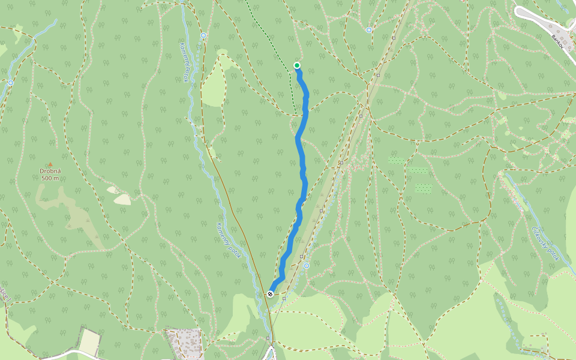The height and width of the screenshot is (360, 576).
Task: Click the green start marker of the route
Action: (x=297, y=65)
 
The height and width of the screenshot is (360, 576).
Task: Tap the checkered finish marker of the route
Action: (x=271, y=293)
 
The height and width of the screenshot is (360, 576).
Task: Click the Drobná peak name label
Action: (x=50, y=171)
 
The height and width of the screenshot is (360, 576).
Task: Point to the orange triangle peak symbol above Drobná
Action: (x=50, y=164)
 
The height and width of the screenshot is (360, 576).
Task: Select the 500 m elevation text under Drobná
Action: (x=50, y=178)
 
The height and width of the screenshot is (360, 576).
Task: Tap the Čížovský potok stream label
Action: (x=545, y=242)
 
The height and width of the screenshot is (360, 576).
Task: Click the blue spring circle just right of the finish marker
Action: (x=306, y=265)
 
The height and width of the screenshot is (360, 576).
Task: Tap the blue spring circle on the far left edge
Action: (x=11, y=83)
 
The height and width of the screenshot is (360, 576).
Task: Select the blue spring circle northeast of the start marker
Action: (x=368, y=29)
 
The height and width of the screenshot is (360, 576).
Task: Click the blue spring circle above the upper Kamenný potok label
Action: (x=203, y=35)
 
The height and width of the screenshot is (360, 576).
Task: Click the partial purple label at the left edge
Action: (x=5, y=294)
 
